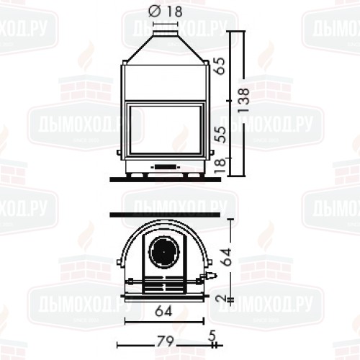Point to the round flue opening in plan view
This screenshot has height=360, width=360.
[x=165, y=251]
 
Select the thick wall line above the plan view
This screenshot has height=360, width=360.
[x=163, y=215]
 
